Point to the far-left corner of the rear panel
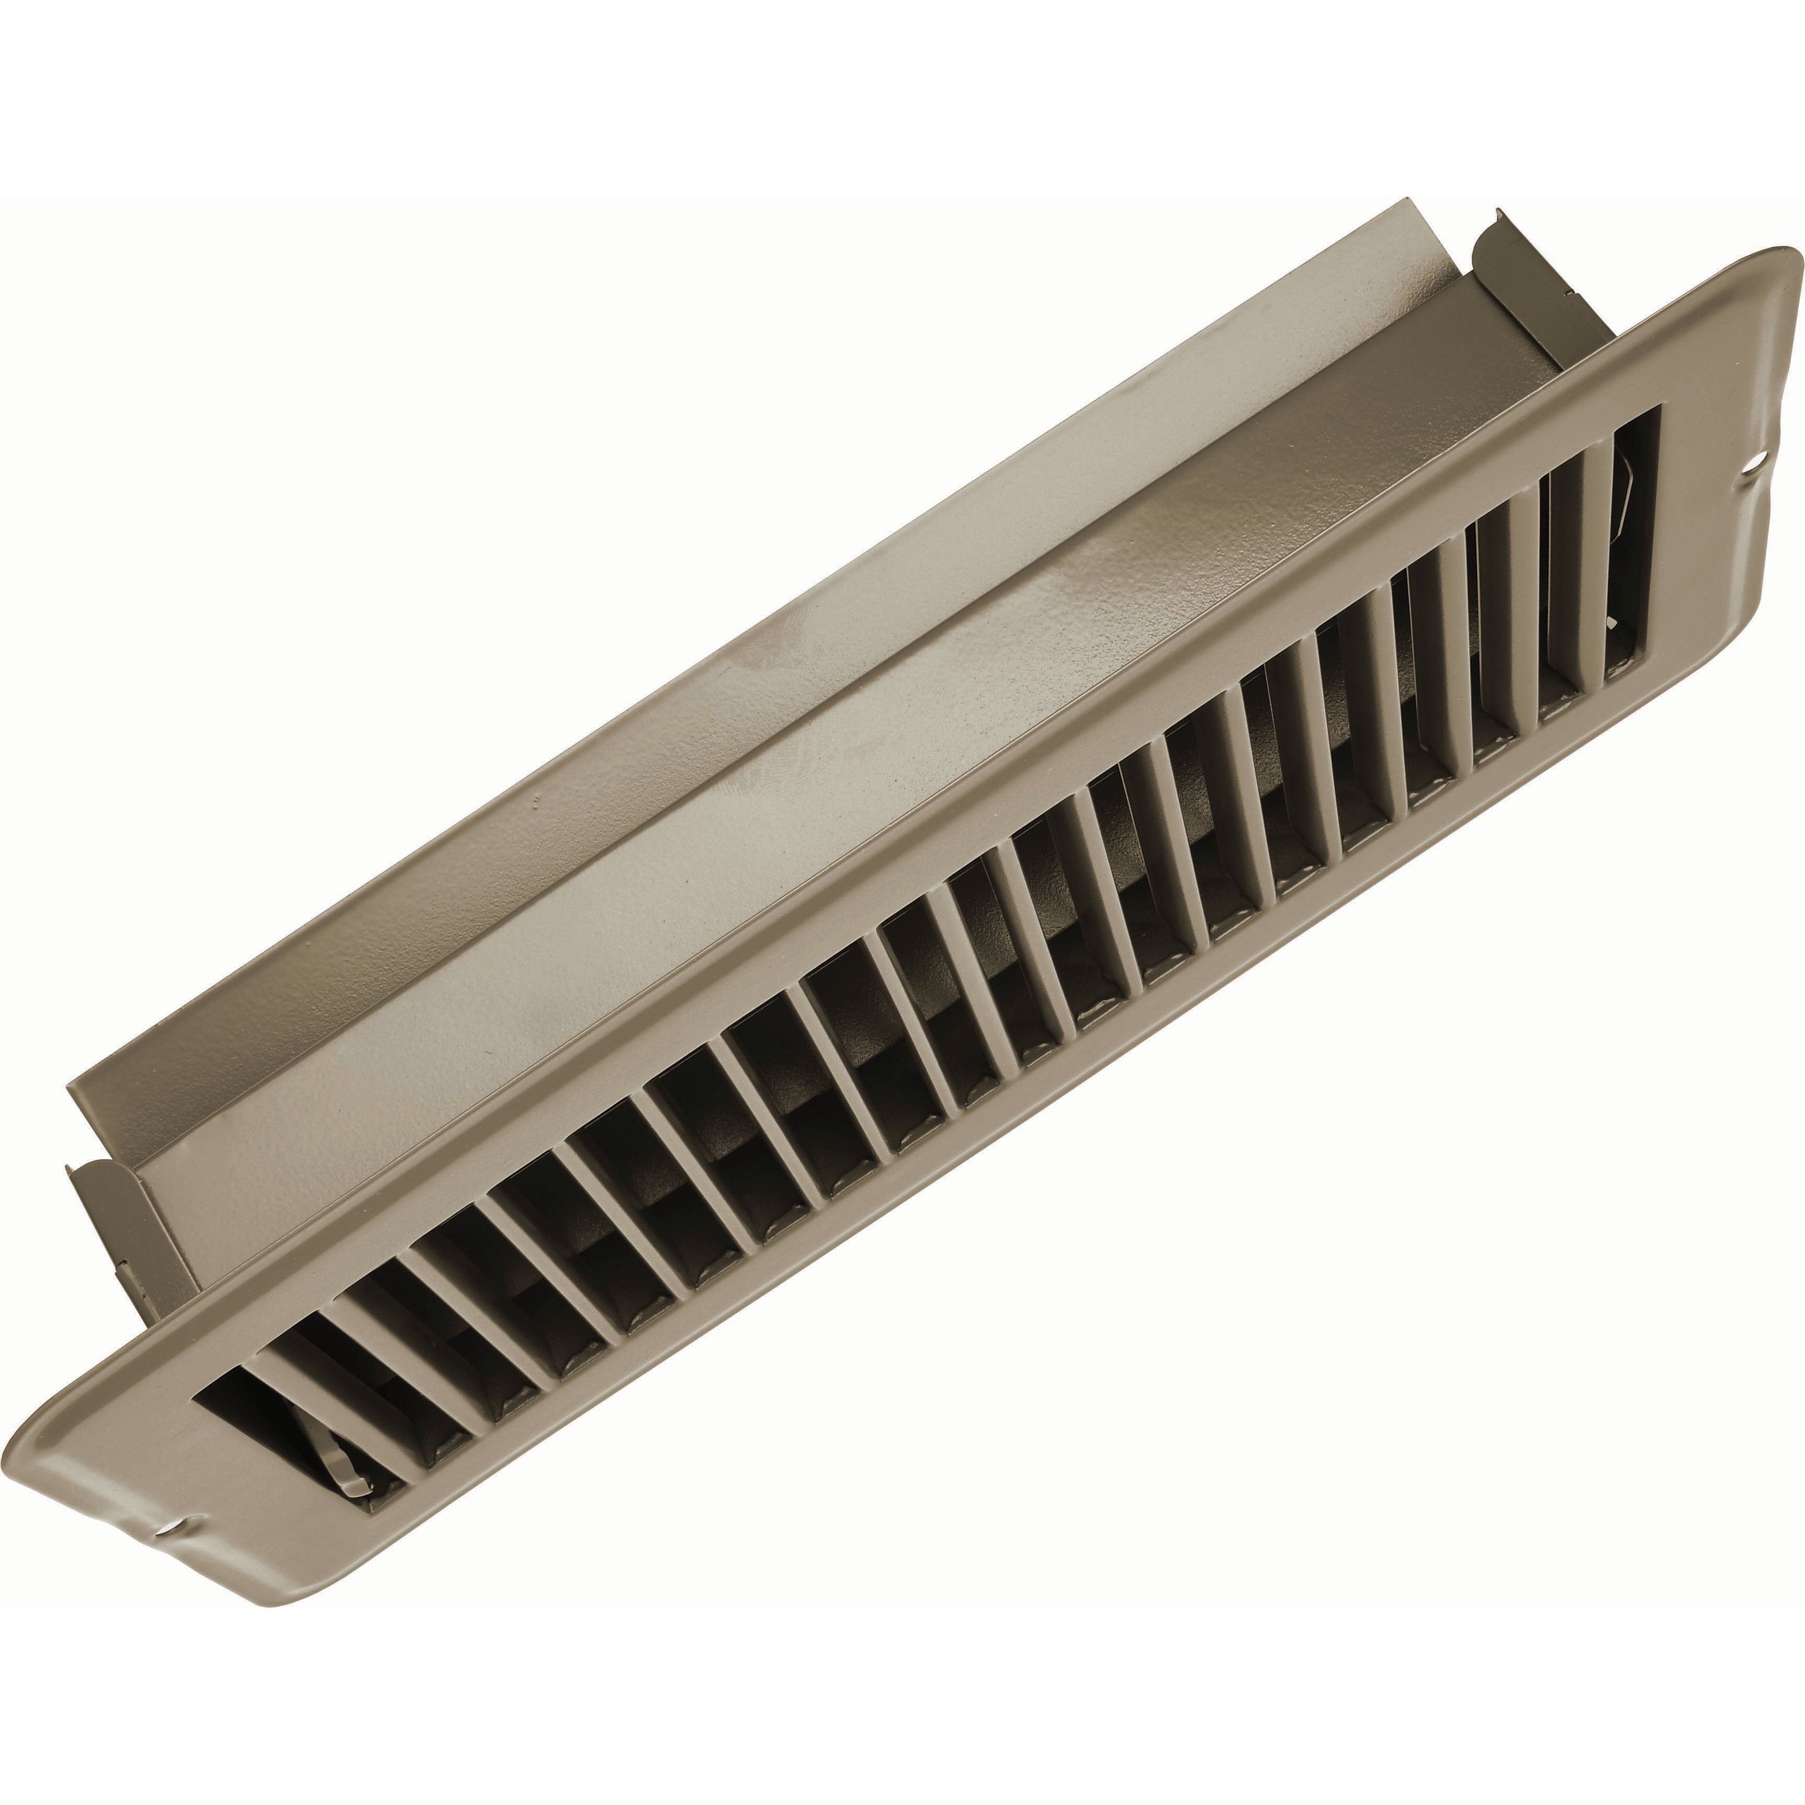tap(70, 1088)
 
